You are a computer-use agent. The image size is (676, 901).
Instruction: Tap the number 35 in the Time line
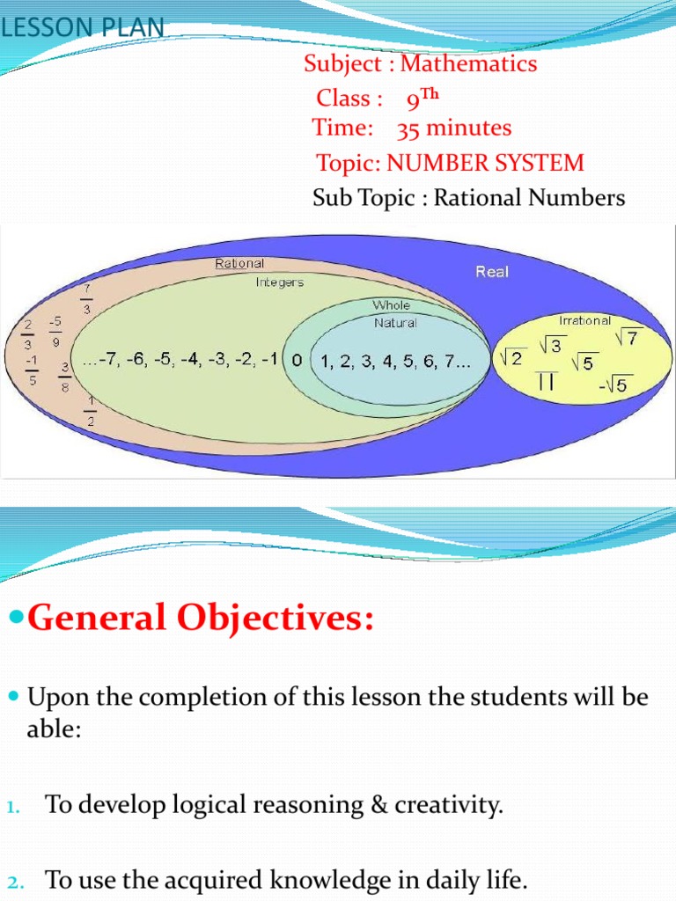tap(408, 129)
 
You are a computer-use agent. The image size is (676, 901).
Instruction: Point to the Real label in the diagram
tap(492, 272)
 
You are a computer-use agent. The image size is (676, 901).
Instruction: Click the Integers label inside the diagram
tap(280, 282)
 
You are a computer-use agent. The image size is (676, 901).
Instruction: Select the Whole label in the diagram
tap(391, 305)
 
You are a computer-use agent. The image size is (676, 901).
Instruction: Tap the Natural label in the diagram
tap(395, 323)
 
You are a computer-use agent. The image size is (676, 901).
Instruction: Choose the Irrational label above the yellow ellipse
tap(584, 321)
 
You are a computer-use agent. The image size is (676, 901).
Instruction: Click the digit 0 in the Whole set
tap(297, 361)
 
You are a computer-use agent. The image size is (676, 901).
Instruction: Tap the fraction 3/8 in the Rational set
tap(66, 376)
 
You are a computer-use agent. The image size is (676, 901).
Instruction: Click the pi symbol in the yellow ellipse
tap(545, 381)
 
